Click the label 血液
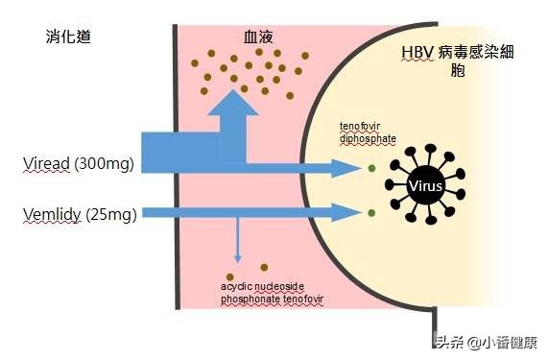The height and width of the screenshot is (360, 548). pyautogui.click(x=258, y=37)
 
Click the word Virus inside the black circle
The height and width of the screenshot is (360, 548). pyautogui.click(x=425, y=186)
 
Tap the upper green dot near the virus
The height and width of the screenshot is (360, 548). pyautogui.click(x=370, y=169)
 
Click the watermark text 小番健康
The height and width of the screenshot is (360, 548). pyautogui.click(x=509, y=342)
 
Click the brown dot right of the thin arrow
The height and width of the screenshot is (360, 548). pyautogui.click(x=264, y=267)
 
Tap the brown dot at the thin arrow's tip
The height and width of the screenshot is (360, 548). pyautogui.click(x=237, y=267)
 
